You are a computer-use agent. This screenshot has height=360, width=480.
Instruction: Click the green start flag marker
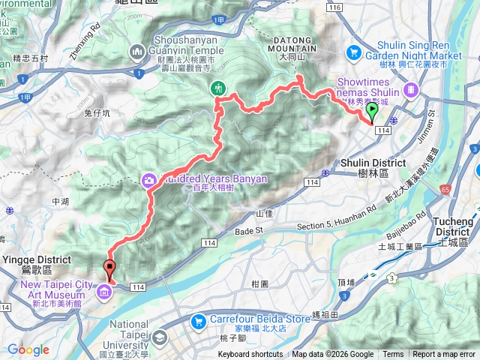pyautogui.click(x=372, y=112)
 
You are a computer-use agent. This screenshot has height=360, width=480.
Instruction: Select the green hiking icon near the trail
pyautogui.click(x=218, y=87)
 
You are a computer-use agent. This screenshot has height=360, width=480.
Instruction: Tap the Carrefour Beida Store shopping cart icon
pyautogui.click(x=198, y=321)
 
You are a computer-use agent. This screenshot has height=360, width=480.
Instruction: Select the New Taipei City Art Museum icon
pyautogui.click(x=103, y=291)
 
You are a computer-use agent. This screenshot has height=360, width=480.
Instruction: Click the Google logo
pyautogui.click(x=28, y=350)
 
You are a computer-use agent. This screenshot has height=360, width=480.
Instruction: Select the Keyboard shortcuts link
pyautogui.click(x=250, y=355)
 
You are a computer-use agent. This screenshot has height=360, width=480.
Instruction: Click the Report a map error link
pyautogui.click(x=445, y=355)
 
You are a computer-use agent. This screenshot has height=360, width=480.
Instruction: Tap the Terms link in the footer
pyautogui.click(x=393, y=355)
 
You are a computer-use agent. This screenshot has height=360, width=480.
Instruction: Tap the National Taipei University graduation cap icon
pyautogui.click(x=160, y=338)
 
